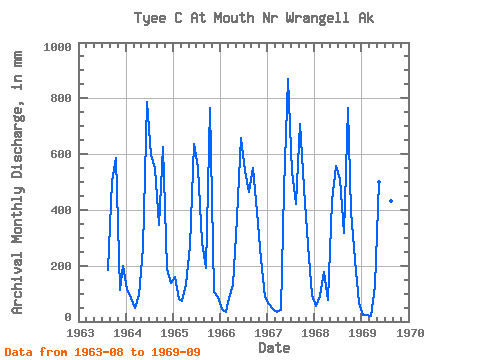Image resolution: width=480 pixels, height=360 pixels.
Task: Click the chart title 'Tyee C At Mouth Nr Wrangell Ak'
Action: (254, 18)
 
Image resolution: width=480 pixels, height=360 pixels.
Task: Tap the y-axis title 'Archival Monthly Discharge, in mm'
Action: (17, 182)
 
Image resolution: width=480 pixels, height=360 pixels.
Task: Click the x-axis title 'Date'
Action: (274, 348)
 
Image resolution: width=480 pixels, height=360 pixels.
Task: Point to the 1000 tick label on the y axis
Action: (58, 47)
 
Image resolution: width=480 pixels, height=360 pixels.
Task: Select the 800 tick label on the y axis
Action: (61, 98)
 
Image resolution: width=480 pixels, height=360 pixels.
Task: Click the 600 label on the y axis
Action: (61, 154)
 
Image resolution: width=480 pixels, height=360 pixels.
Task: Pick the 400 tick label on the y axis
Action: (61, 210)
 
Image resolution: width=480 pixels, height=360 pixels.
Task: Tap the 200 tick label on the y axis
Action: (61, 266)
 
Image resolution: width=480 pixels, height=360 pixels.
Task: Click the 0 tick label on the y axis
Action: (68, 317)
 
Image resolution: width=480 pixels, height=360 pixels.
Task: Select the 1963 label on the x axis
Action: (80, 333)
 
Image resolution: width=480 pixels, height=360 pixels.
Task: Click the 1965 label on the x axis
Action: (174, 333)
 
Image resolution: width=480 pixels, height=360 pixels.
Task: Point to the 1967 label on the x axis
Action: (268, 333)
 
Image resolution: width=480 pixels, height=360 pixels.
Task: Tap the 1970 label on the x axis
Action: (410, 333)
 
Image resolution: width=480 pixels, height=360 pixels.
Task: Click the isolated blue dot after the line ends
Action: (391, 201)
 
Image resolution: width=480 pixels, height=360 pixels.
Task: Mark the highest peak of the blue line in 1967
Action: (288, 79)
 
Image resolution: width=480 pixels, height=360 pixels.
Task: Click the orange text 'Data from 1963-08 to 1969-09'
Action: (103, 352)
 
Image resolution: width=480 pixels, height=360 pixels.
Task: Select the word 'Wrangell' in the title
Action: (317, 18)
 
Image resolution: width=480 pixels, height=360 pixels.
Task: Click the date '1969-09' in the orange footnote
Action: (176, 352)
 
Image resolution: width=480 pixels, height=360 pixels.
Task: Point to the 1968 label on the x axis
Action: (315, 333)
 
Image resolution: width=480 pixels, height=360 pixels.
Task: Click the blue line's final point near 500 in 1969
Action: (379, 182)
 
